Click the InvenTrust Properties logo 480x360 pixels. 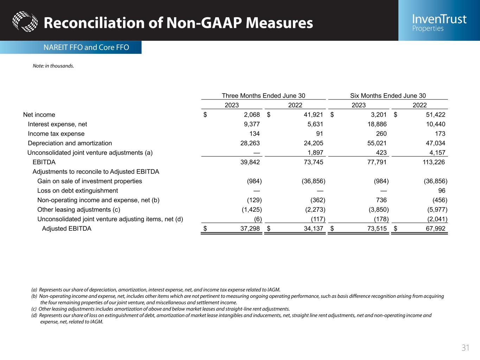click(439, 22)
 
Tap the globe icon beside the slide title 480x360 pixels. click(25, 22)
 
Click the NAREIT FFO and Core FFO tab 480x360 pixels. click(86, 47)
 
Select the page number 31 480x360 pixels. click(465, 348)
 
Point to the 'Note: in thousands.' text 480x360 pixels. click(53, 66)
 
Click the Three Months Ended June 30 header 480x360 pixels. click(263, 96)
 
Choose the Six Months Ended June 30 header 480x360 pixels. click(388, 96)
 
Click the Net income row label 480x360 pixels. click(39, 115)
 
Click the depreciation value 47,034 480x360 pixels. click(435, 143)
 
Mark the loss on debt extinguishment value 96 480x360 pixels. click(442, 191)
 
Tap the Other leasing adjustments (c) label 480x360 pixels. click(79, 210)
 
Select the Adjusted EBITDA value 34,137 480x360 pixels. click(312, 229)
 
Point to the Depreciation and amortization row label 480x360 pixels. click(70, 143)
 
